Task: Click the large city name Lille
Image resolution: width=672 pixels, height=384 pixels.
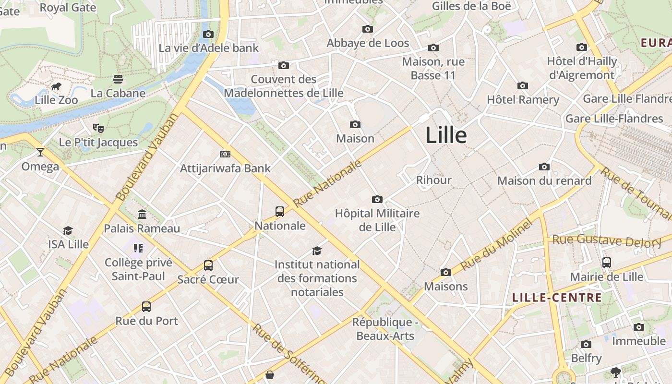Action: click(446, 135)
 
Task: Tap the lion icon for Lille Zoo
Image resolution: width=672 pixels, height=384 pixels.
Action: click(56, 87)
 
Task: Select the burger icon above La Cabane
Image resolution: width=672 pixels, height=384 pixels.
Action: click(118, 79)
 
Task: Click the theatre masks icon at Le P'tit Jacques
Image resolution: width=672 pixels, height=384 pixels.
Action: click(98, 128)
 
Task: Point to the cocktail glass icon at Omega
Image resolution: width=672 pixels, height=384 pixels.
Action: click(40, 152)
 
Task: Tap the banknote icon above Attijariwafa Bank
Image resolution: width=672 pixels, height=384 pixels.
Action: click(225, 154)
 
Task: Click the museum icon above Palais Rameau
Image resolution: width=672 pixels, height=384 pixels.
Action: click(142, 214)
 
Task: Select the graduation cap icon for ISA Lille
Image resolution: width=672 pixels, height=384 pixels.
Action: click(68, 231)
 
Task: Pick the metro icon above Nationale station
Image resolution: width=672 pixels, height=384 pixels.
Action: click(280, 211)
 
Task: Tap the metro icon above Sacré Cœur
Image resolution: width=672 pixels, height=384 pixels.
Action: click(208, 265)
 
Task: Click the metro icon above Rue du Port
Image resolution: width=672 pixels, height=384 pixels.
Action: click(146, 306)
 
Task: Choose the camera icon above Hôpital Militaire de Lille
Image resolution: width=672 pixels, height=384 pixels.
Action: click(377, 199)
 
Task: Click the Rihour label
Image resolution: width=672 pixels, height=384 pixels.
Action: click(434, 180)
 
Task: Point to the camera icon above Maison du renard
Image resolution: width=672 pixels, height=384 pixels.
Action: click(544, 167)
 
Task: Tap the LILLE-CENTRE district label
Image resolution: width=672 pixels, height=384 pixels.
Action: click(557, 298)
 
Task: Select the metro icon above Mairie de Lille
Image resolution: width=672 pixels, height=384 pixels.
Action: click(607, 263)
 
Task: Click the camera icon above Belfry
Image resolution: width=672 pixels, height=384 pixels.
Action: click(586, 344)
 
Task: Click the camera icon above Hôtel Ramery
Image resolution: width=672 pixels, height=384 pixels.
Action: click(523, 86)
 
